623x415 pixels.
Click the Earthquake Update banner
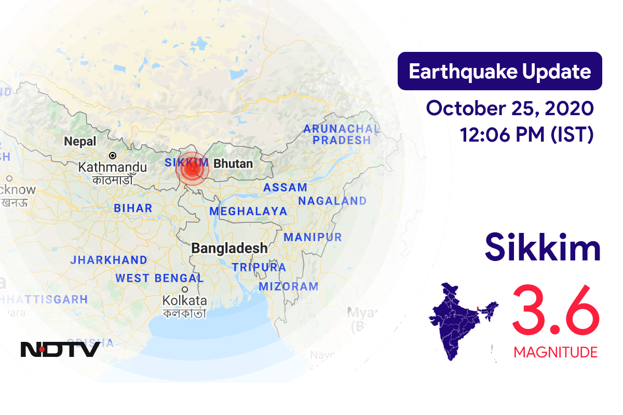[x=499, y=72]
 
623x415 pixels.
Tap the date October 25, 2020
[x=509, y=108]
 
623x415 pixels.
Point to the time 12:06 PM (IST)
[x=526, y=135]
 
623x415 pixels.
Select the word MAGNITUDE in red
[x=556, y=353]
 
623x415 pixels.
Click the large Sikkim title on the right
[x=543, y=248]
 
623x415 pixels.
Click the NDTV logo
[x=60, y=349]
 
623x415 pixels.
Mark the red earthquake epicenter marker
[x=192, y=169]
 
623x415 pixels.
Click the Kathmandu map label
[x=113, y=168]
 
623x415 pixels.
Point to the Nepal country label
[x=80, y=141]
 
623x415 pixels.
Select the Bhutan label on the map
[x=233, y=164]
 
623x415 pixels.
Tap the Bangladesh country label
[x=229, y=248]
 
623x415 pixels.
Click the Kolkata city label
[x=184, y=300]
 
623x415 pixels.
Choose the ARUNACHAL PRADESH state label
[x=342, y=134]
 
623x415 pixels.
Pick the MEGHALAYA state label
[x=248, y=211]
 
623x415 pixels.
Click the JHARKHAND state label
[x=110, y=260]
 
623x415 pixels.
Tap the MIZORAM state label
[x=288, y=286]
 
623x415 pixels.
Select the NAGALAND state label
[x=332, y=201]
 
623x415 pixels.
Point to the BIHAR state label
[x=133, y=209]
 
